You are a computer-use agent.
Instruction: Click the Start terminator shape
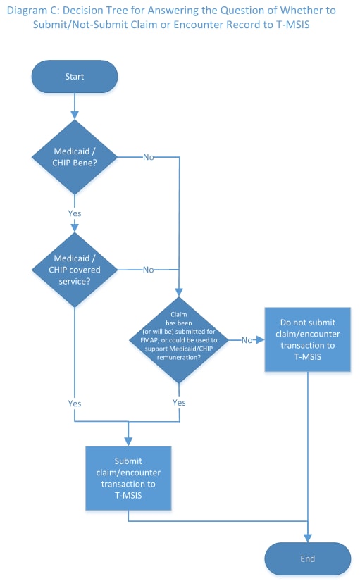click(x=74, y=76)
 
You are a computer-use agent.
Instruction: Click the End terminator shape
click(x=307, y=559)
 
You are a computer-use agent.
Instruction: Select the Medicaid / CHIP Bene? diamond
click(x=74, y=156)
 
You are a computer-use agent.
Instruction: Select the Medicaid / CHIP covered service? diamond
click(x=74, y=270)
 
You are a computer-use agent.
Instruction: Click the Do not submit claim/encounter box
click(x=307, y=339)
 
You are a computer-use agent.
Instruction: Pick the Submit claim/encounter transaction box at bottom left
click(x=128, y=478)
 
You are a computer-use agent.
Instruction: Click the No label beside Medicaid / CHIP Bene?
click(x=149, y=156)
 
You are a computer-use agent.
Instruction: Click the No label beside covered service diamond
click(x=149, y=270)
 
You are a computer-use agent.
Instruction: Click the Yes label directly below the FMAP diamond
click(x=179, y=403)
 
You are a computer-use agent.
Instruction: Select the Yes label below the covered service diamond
click(x=74, y=404)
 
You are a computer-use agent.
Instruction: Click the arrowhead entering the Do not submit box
click(x=261, y=339)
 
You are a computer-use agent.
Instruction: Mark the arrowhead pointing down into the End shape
click(x=307, y=539)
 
